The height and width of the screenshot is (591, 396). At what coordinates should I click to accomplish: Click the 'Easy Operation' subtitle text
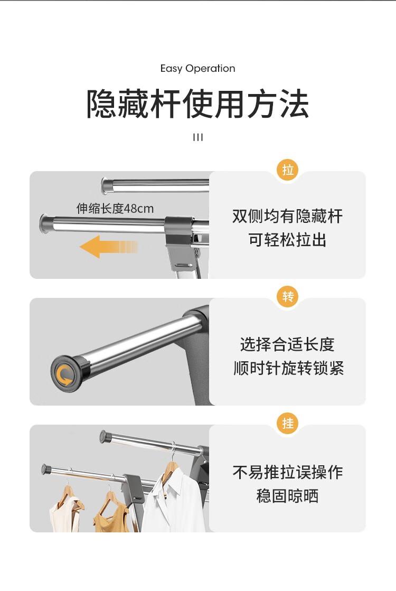[198, 69]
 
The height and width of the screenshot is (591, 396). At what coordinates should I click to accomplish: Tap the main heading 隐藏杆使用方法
[198, 104]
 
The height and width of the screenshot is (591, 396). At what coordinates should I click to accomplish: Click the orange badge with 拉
[288, 170]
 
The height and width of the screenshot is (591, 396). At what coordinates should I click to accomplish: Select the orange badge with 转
[288, 297]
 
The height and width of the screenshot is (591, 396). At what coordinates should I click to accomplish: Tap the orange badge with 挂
[288, 423]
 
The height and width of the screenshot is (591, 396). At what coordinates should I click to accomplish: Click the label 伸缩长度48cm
[115, 209]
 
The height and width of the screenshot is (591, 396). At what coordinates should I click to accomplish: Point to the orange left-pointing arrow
[109, 247]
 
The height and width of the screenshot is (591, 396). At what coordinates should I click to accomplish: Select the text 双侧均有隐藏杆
[287, 217]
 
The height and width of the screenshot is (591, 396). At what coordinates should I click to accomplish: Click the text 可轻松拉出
[287, 240]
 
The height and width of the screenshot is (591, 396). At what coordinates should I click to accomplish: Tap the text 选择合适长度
[287, 344]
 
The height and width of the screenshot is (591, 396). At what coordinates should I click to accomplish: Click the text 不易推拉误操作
[288, 472]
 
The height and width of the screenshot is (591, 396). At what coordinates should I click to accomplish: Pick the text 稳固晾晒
[287, 495]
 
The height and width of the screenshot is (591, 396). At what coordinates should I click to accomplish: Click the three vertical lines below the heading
[198, 137]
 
